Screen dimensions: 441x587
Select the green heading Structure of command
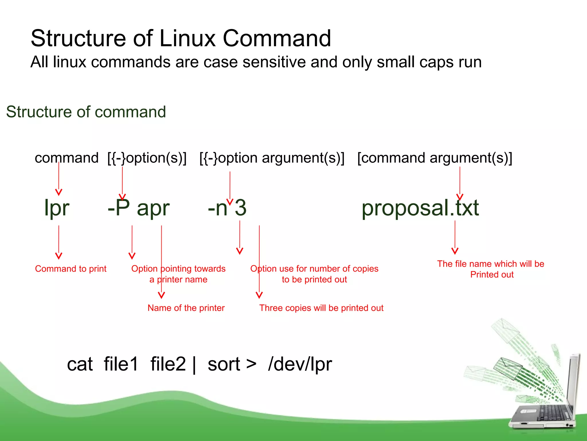pyautogui.click(x=86, y=112)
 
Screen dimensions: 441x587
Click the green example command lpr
pyautogui.click(x=56, y=208)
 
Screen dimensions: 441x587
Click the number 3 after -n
pyautogui.click(x=240, y=208)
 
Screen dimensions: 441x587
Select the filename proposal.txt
pyautogui.click(x=420, y=208)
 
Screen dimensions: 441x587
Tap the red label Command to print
pyautogui.click(x=71, y=269)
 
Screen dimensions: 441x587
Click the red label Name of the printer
pyautogui.click(x=186, y=308)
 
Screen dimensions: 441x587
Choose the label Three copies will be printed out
pyautogui.click(x=321, y=308)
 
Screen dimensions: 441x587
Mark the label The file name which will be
pyautogui.click(x=490, y=264)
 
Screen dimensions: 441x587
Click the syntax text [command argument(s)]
pyautogui.click(x=435, y=158)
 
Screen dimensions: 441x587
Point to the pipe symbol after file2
pyautogui.click(x=195, y=365)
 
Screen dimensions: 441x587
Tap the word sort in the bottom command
pyautogui.click(x=224, y=364)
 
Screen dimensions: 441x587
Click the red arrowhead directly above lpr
pyautogui.click(x=59, y=192)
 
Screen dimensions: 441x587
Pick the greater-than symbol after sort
pyautogui.click(x=251, y=364)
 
